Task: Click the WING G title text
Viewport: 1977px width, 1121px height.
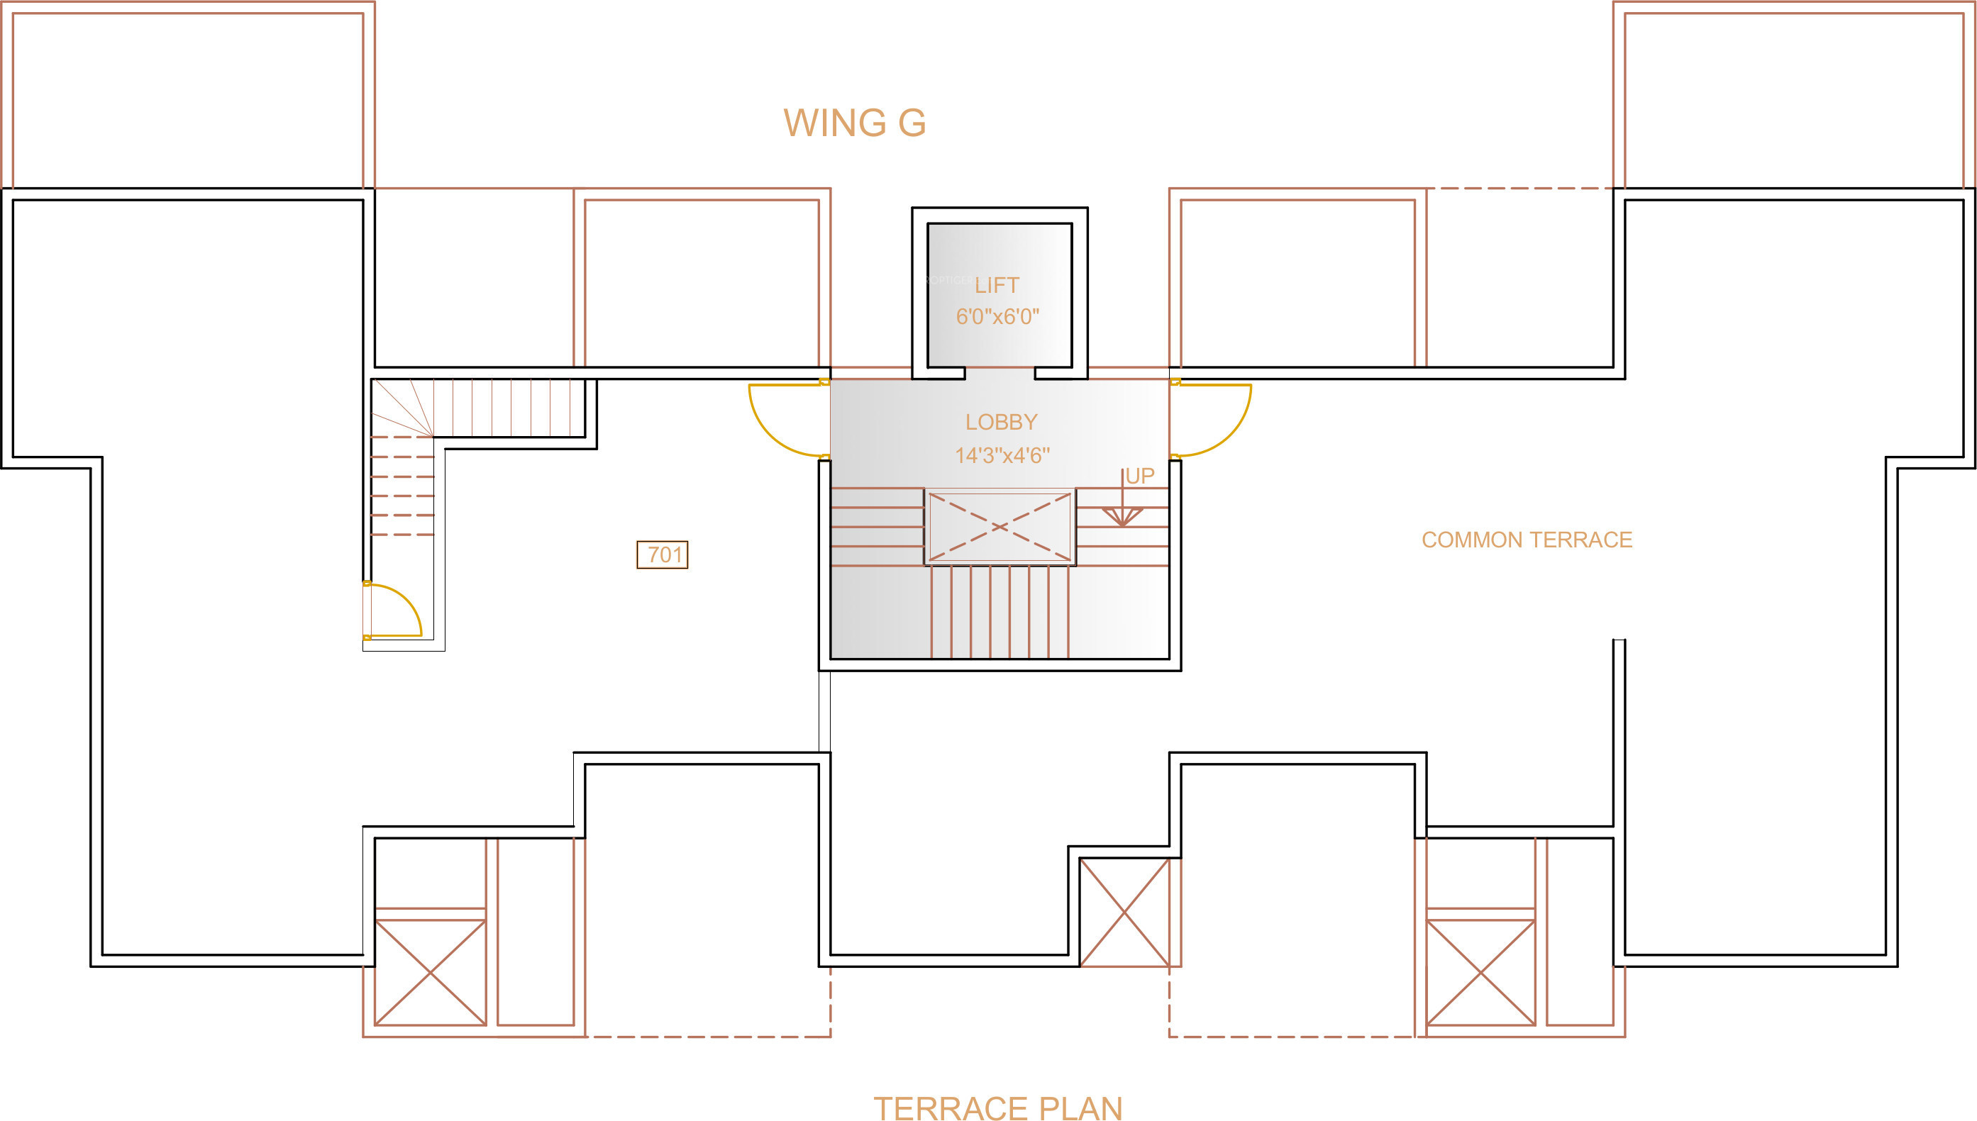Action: coord(854,123)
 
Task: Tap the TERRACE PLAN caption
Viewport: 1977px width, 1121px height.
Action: coord(998,1108)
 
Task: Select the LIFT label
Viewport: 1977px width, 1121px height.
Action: coord(997,286)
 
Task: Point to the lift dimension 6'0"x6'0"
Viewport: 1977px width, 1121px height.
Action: coord(997,316)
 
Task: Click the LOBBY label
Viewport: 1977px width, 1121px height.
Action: coord(1001,422)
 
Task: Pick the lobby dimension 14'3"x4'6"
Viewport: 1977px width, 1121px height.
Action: coord(1002,456)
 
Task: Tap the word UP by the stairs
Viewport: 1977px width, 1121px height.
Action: coord(1140,476)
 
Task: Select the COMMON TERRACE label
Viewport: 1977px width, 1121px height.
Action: coord(1527,540)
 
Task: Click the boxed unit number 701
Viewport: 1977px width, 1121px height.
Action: coord(663,554)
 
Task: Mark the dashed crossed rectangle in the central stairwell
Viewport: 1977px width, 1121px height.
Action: coord(999,528)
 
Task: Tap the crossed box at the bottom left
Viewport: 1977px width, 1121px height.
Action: coord(431,972)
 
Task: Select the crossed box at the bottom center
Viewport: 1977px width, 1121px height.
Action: coord(1124,913)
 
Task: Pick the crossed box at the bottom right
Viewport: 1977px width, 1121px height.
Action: coord(1480,972)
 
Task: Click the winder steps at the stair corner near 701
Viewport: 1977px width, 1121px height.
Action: coord(402,408)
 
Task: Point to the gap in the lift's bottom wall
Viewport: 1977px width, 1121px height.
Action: coord(999,374)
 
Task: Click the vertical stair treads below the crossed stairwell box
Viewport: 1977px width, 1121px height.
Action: coord(999,612)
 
